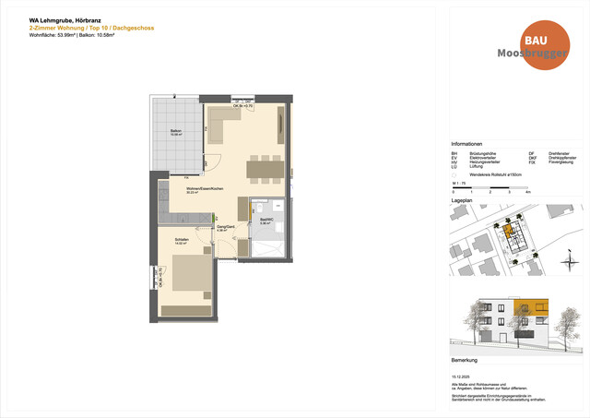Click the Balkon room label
click(175, 132)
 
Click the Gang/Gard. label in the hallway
click(223, 227)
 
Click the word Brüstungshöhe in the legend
click(484, 153)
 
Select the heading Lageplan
click(462, 199)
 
